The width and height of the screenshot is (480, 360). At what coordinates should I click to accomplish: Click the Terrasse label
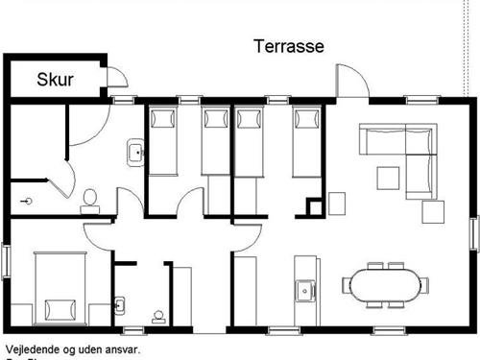[288, 46]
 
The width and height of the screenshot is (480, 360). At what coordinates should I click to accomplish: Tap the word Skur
[56, 80]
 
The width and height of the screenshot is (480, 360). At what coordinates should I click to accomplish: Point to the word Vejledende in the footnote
[33, 350]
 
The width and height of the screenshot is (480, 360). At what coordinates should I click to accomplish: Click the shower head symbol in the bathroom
[28, 202]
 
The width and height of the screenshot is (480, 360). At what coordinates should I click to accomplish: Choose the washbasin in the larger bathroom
[135, 152]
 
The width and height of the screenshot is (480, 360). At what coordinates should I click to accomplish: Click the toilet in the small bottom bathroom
[158, 315]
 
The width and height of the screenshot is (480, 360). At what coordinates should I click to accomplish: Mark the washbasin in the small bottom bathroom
[119, 306]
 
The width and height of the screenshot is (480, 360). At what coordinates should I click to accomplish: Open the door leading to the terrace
[352, 83]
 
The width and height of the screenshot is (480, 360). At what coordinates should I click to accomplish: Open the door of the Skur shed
[114, 81]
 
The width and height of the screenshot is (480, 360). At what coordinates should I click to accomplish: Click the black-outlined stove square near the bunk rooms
[314, 206]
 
